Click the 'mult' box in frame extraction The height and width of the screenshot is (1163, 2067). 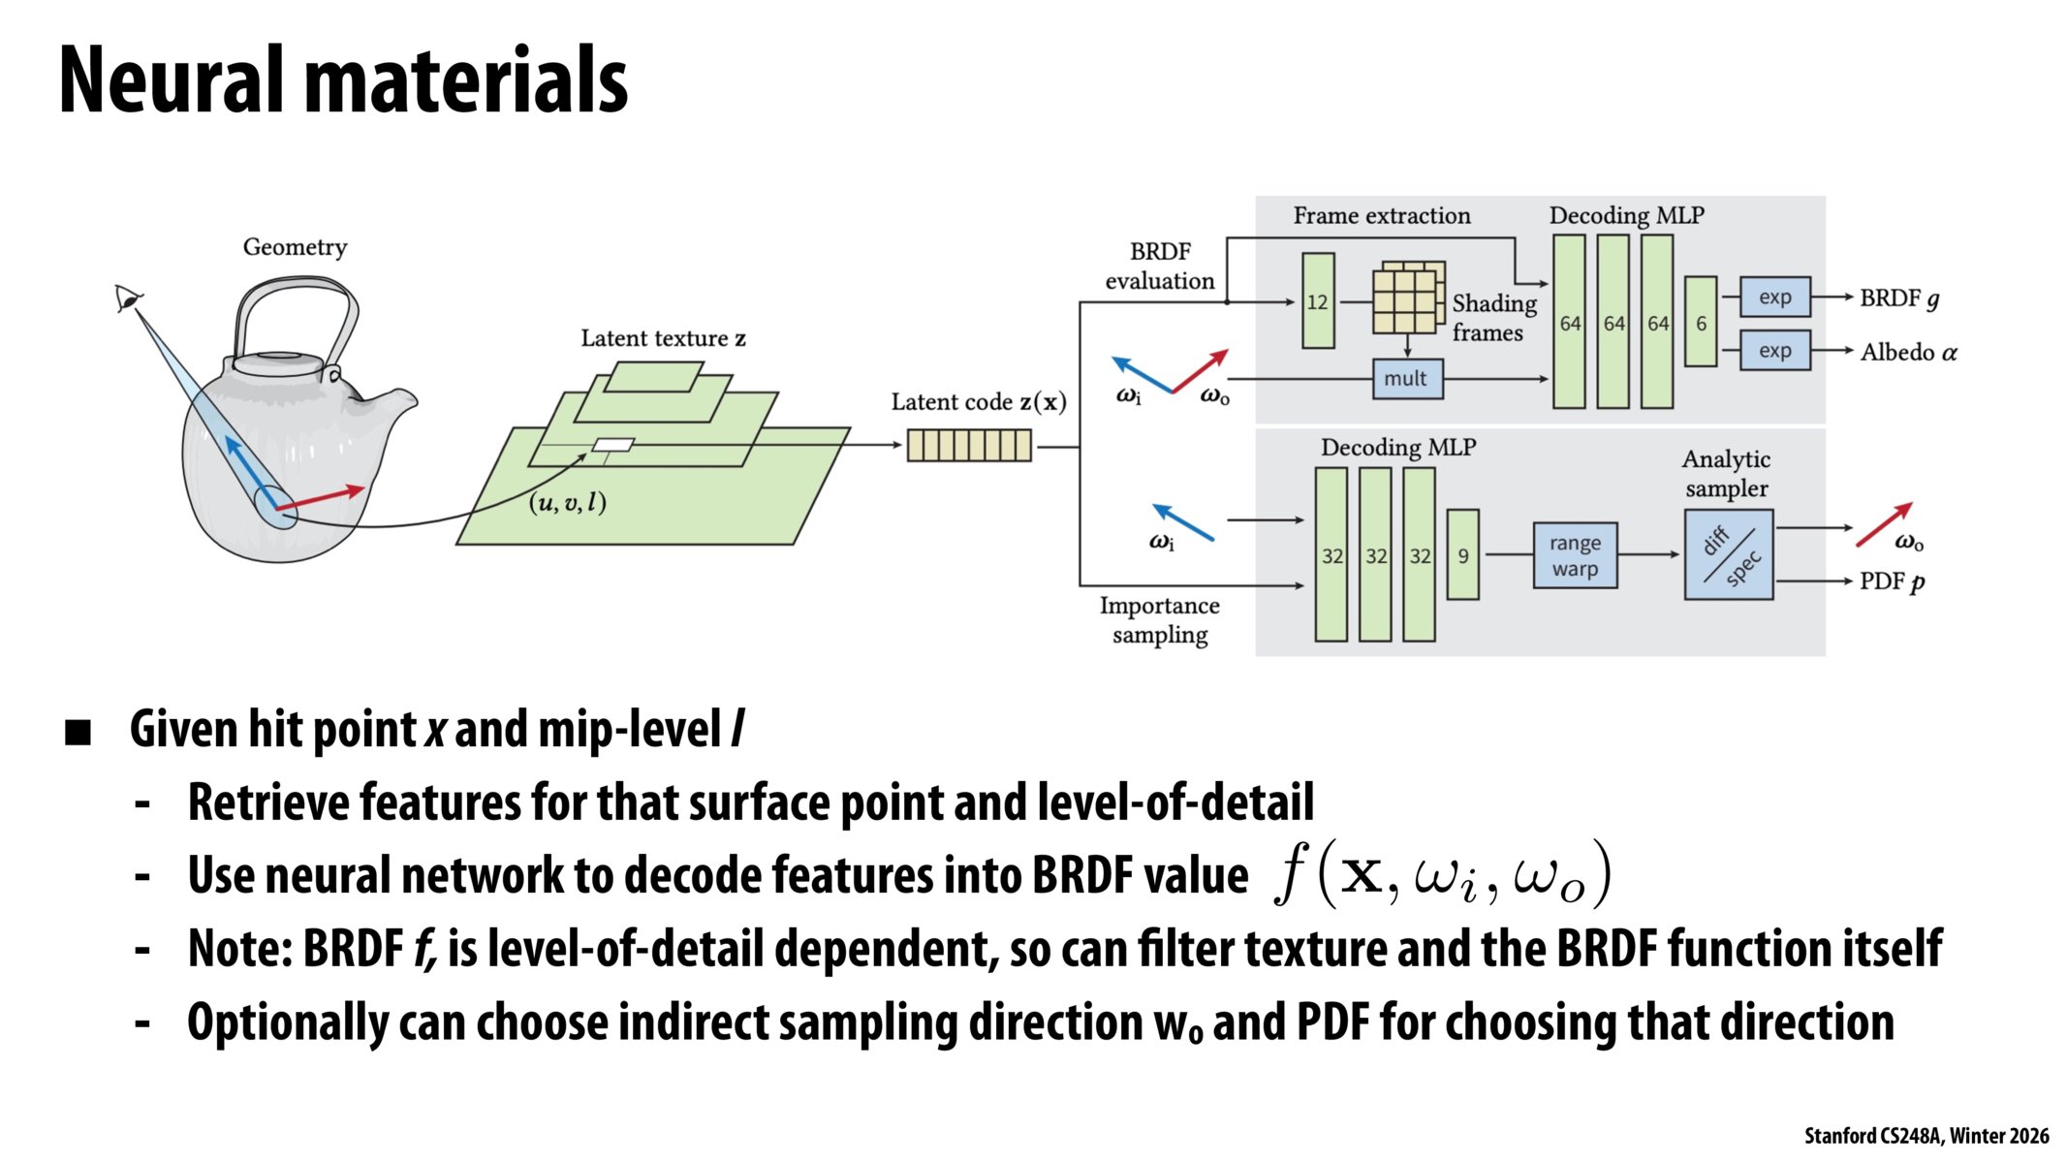coord(1407,379)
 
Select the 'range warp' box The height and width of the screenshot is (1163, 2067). coord(1575,556)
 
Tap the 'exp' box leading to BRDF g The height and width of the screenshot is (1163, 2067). coord(1774,298)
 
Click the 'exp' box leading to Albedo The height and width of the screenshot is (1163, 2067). coord(1774,351)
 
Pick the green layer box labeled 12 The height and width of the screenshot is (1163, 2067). coord(1318,300)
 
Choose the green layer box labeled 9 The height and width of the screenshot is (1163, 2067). coord(1462,555)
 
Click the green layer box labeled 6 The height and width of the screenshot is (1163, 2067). coord(1701,322)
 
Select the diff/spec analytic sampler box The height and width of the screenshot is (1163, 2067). coord(1729,555)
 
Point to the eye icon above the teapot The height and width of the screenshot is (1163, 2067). coord(127,298)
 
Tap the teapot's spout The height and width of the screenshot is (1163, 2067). coord(392,402)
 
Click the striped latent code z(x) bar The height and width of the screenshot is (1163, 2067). coord(969,446)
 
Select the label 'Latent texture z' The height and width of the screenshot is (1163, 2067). coord(663,338)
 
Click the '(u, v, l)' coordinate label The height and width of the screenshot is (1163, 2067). coord(568,502)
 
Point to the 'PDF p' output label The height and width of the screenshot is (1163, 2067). coord(1892,581)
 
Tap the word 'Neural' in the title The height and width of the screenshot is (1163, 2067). coord(174,81)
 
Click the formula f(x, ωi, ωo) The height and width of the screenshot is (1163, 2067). coord(1442,874)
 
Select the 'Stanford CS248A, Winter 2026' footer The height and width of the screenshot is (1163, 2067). coord(1926,1136)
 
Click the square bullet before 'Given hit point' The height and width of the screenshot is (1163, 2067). coord(78,733)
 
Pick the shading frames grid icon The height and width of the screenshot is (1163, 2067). coord(1407,299)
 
